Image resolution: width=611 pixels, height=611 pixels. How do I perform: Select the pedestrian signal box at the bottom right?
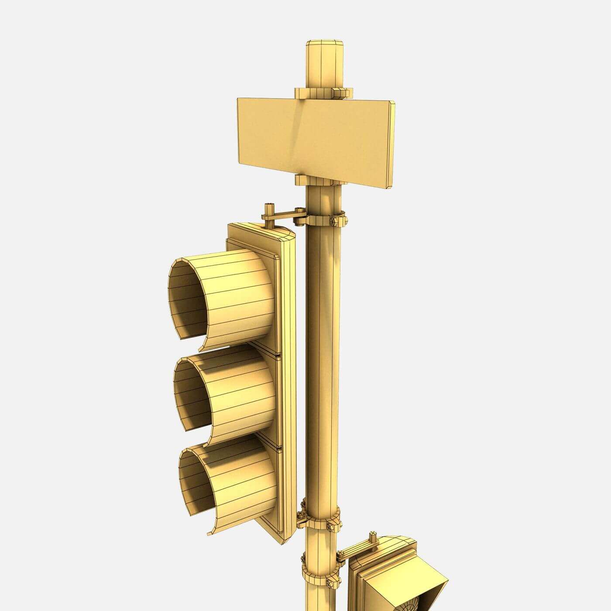[x=393, y=576]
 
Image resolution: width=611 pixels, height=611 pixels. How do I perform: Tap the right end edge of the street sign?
[x=392, y=144]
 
